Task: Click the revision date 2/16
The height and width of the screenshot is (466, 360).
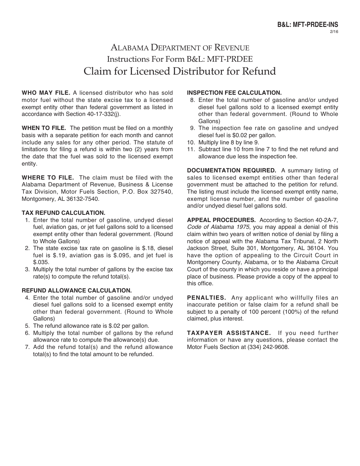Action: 335,31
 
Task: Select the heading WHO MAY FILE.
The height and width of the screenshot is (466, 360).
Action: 46,93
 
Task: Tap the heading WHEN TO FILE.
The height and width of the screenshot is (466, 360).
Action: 44,128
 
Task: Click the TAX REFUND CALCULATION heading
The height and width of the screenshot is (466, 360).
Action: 63,213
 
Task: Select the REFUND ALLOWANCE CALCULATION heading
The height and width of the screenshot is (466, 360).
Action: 77,291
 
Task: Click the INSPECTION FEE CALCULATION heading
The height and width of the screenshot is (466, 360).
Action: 234,93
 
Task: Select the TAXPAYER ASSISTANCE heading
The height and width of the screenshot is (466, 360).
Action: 229,333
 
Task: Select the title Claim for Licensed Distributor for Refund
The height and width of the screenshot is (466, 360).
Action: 180,71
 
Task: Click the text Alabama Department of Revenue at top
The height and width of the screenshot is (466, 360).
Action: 180,48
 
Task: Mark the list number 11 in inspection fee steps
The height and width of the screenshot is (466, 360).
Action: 191,149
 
